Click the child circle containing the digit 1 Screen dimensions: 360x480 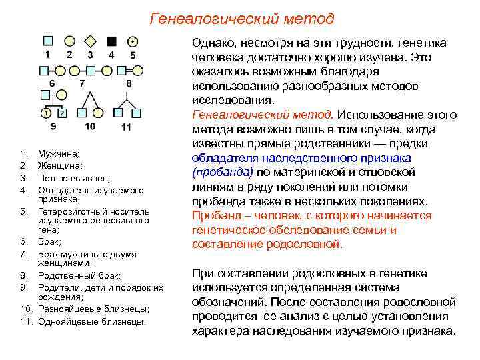click(x=45, y=113)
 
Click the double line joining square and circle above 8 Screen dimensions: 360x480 click(x=129, y=69)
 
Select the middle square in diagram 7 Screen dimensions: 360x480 click(x=82, y=69)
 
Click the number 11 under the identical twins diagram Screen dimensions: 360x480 click(x=126, y=127)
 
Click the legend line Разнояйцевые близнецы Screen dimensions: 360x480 click(x=93, y=309)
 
